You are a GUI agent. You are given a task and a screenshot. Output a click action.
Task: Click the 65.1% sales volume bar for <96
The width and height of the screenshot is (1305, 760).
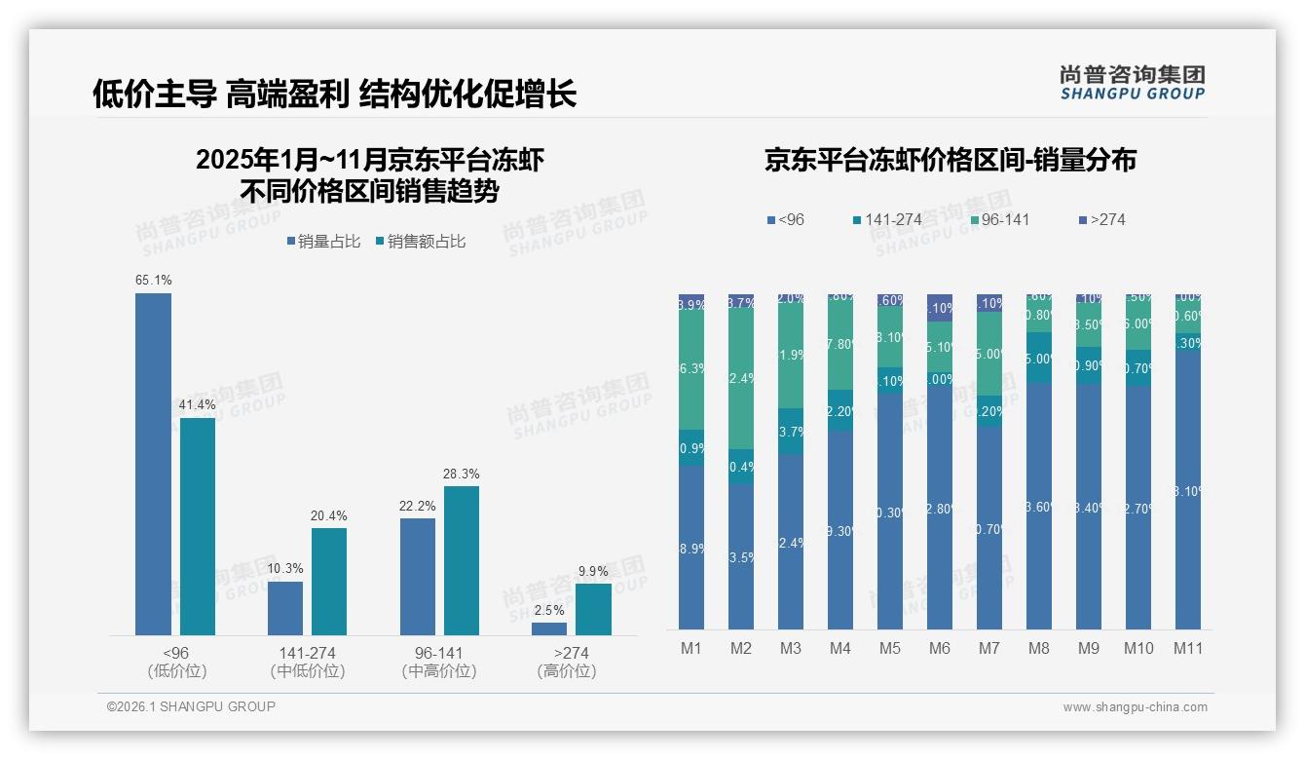(x=153, y=464)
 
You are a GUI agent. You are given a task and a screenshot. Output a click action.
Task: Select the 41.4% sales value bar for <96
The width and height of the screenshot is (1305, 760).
(x=198, y=526)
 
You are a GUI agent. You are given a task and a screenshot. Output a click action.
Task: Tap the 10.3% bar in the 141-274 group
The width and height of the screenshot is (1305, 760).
(x=285, y=608)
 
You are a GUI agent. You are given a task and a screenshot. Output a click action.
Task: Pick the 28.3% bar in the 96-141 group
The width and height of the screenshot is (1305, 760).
(x=462, y=560)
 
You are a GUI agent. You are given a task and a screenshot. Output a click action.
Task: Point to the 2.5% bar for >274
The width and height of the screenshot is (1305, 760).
(x=549, y=628)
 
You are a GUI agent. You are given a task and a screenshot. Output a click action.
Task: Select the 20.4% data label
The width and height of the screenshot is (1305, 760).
(x=329, y=516)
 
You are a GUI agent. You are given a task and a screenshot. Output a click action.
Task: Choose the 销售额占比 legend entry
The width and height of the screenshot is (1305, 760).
(x=420, y=242)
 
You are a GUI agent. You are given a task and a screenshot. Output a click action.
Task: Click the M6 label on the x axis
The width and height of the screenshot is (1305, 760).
(x=940, y=649)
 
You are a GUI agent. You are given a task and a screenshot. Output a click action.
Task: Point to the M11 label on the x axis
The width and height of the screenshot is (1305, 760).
(x=1188, y=649)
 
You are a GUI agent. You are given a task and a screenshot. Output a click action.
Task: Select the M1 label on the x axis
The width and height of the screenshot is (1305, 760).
(x=691, y=649)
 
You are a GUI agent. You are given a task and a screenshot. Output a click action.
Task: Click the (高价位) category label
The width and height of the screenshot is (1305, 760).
(x=566, y=671)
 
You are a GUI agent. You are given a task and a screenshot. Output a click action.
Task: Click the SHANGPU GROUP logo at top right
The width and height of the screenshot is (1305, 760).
(x=1132, y=83)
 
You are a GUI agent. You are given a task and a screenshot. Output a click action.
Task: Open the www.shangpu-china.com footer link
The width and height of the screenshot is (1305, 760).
(x=1135, y=707)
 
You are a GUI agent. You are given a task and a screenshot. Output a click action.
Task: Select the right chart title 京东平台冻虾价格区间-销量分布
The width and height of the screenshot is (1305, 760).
(x=950, y=161)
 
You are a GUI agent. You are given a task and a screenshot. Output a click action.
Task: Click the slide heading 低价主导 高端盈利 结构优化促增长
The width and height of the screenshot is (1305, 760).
(x=334, y=94)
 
